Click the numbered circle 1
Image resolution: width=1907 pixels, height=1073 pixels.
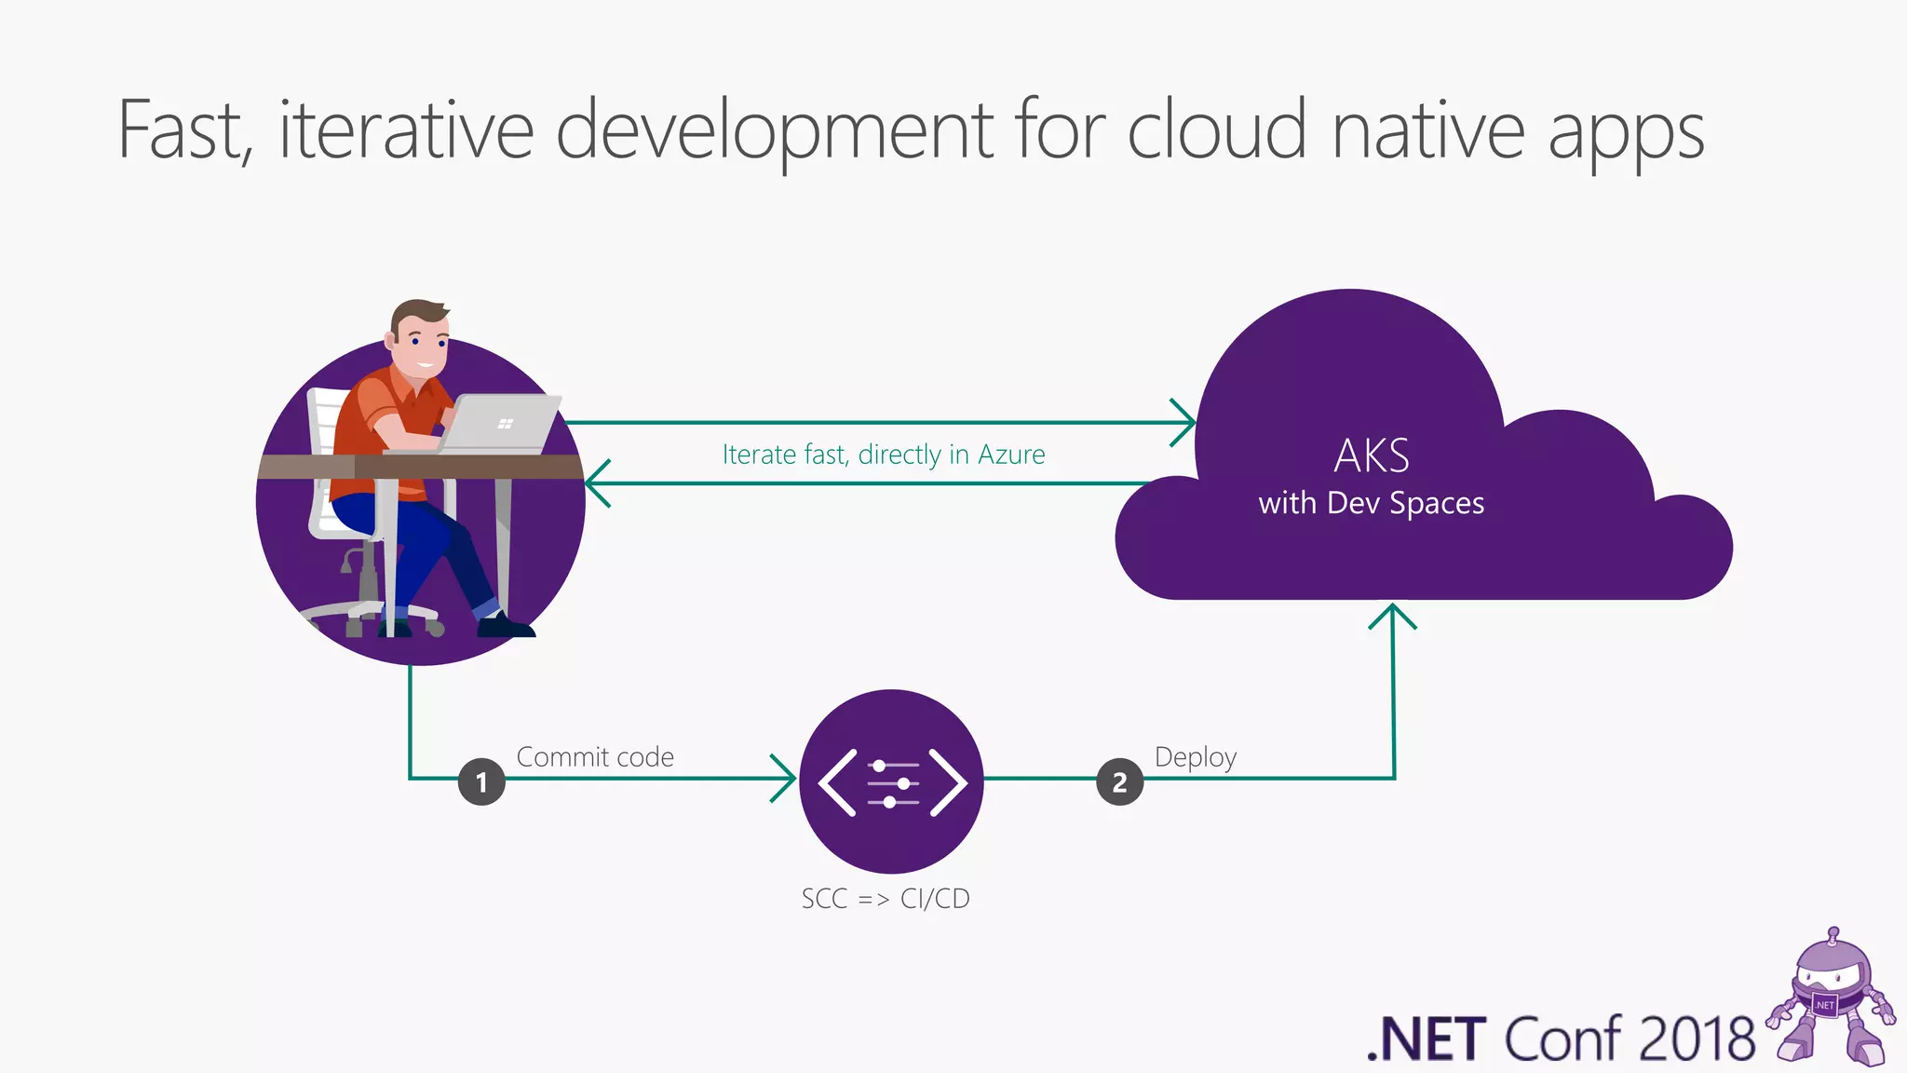481,781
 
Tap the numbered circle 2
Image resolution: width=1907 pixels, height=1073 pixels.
1119,781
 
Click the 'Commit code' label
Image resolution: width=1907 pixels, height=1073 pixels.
595,756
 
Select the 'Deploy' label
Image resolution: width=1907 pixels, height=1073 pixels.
1196,756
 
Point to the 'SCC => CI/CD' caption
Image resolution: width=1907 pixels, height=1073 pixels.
886,899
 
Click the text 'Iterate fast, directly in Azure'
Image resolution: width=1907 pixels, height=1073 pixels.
884,455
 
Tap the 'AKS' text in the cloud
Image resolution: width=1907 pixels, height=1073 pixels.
1372,456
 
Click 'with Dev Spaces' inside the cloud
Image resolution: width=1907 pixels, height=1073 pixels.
1372,503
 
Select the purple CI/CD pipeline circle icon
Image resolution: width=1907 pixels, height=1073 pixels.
891,781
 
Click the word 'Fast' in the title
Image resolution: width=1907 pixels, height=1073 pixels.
183,130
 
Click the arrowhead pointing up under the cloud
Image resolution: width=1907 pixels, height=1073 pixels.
1392,614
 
